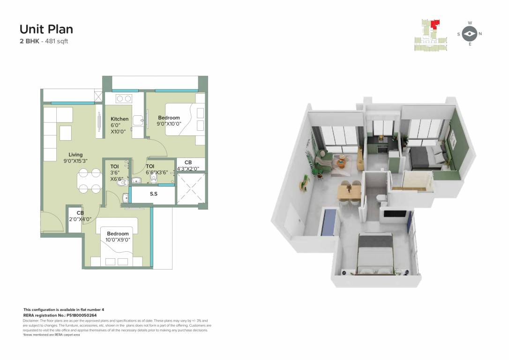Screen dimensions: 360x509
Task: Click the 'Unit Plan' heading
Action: click(x=46, y=29)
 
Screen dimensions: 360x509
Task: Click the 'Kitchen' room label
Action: click(x=120, y=119)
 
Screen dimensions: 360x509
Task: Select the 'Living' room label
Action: click(x=75, y=155)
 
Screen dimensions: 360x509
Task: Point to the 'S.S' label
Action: click(x=153, y=193)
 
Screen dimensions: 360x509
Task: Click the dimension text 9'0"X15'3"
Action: click(x=75, y=161)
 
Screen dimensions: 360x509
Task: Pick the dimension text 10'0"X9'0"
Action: click(x=118, y=240)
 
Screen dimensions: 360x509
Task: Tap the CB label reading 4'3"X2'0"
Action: click(x=188, y=168)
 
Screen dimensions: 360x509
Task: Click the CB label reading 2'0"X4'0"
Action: click(x=80, y=219)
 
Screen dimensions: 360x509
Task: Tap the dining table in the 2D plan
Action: click(x=89, y=180)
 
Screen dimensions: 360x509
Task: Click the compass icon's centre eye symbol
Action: click(x=470, y=34)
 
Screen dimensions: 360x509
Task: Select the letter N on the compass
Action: click(x=480, y=34)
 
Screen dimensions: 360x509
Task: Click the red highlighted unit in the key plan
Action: click(x=436, y=23)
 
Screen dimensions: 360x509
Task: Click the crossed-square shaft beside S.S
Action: click(x=191, y=188)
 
